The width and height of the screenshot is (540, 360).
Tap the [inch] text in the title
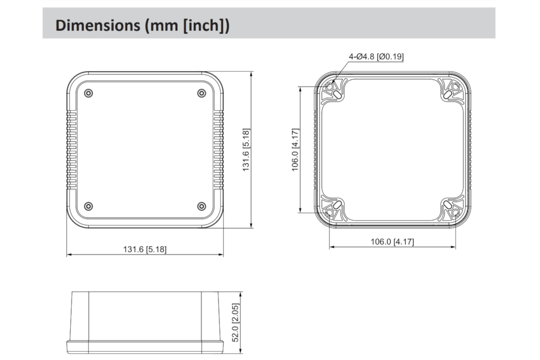(205, 25)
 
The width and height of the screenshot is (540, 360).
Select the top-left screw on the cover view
(89, 93)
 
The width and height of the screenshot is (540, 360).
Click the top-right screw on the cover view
(201, 93)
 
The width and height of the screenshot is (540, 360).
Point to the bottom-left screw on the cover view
(89, 206)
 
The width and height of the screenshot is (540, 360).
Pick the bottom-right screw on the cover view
(201, 206)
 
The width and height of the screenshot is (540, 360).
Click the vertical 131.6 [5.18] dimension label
(246, 150)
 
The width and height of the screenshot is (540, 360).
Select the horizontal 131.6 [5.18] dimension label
(145, 249)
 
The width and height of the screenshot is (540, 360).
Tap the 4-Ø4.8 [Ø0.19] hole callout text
(376, 57)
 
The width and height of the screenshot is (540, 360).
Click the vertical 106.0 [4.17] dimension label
(295, 150)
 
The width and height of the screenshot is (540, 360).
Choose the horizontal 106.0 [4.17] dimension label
(392, 242)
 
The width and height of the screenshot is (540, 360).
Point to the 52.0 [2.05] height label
(236, 323)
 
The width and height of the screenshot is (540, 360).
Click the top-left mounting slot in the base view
(337, 93)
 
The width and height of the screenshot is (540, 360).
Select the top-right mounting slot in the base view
(447, 94)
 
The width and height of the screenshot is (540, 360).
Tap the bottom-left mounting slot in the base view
(337, 205)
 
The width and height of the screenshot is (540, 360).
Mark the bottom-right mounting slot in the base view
(447, 205)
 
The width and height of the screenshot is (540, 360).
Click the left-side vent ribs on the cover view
(72, 150)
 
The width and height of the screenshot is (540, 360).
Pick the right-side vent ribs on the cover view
(218, 150)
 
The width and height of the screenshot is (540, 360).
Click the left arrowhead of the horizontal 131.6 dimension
(69, 255)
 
